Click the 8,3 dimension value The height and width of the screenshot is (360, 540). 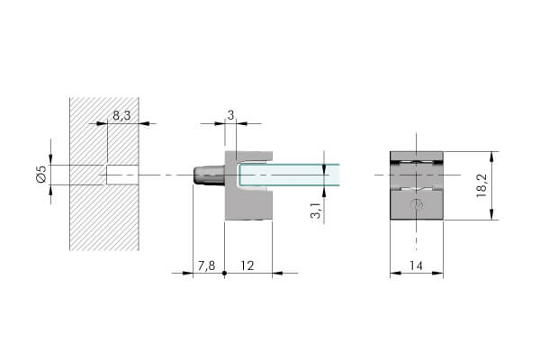tap(121, 116)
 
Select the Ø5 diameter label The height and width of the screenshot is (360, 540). tap(41, 174)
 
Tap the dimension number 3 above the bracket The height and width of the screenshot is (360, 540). tap(230, 115)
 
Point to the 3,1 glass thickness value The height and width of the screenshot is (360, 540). tap(316, 210)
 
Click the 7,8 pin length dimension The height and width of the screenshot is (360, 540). tap(206, 265)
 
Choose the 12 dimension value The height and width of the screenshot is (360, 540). tap(247, 265)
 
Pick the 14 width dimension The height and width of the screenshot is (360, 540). tap(416, 265)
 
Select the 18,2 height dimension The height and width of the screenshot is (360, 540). tap(481, 185)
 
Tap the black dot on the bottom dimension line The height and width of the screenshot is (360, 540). tap(224, 274)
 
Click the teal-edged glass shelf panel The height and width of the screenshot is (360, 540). tap(289, 175)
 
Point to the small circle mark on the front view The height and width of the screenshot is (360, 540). tap(418, 204)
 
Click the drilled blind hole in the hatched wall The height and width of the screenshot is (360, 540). tap(122, 175)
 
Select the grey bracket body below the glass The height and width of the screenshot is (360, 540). tap(248, 205)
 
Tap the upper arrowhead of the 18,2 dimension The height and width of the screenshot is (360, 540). tap(491, 156)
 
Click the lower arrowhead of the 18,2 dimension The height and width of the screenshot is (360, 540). tap(491, 214)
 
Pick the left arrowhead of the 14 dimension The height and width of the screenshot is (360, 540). tap(395, 274)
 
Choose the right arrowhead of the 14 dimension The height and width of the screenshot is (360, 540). tap(437, 274)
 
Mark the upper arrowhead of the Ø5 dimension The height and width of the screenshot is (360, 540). tap(50, 160)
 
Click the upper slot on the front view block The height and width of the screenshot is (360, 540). tap(417, 162)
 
